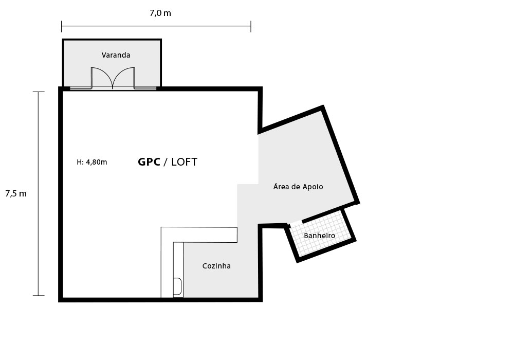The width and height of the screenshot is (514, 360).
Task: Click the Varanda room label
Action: (x=116, y=55)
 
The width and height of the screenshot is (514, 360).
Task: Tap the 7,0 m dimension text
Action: (x=160, y=13)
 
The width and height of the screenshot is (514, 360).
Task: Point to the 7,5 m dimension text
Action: (x=16, y=194)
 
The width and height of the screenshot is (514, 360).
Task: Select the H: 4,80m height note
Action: (x=92, y=162)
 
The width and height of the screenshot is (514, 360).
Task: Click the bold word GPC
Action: (x=149, y=162)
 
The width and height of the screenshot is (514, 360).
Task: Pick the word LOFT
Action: (x=184, y=162)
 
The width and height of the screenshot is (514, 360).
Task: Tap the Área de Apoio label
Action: (x=298, y=187)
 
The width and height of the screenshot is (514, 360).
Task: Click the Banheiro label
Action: (x=319, y=236)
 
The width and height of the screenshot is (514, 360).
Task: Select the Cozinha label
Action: (x=216, y=266)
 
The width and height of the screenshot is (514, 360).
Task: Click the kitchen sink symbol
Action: (x=177, y=286)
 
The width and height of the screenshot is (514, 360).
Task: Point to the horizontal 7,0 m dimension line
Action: (x=156, y=26)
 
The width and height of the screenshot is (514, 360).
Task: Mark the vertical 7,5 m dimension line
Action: (x=39, y=194)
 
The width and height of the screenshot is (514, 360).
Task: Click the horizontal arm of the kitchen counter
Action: (x=199, y=235)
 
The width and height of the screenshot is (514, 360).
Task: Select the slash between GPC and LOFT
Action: (x=166, y=162)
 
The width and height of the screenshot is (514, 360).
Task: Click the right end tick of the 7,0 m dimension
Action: (x=251, y=26)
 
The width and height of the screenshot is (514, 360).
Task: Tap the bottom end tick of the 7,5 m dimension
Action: (x=39, y=296)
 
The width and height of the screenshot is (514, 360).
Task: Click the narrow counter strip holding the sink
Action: (x=178, y=270)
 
